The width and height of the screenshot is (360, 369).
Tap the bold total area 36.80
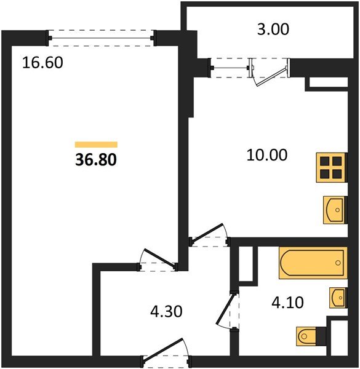[x=95, y=160]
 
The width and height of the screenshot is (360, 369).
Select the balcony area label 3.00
[x=271, y=28]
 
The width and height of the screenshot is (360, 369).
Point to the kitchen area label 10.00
[x=266, y=155]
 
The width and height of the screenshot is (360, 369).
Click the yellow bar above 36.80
[x=95, y=145]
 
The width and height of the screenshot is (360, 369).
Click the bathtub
[x=313, y=263]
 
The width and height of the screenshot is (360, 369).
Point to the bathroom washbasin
[x=338, y=298]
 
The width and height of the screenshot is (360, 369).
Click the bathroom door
[x=227, y=311]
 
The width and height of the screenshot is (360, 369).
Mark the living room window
[x=102, y=38]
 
